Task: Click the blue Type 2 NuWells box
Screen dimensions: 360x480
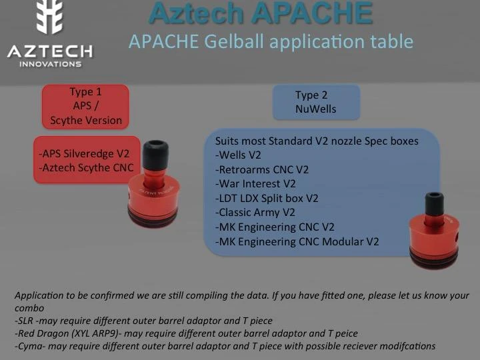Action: [316, 102]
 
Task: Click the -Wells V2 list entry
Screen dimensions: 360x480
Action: [238, 155]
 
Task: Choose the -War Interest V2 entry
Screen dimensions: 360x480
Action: [255, 183]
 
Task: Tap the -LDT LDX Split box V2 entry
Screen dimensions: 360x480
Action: [267, 198]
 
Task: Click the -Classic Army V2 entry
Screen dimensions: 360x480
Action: [255, 213]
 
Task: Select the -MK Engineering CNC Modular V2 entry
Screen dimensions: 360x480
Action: [297, 241]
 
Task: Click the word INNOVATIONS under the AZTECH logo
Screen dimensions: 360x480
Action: [50, 64]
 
